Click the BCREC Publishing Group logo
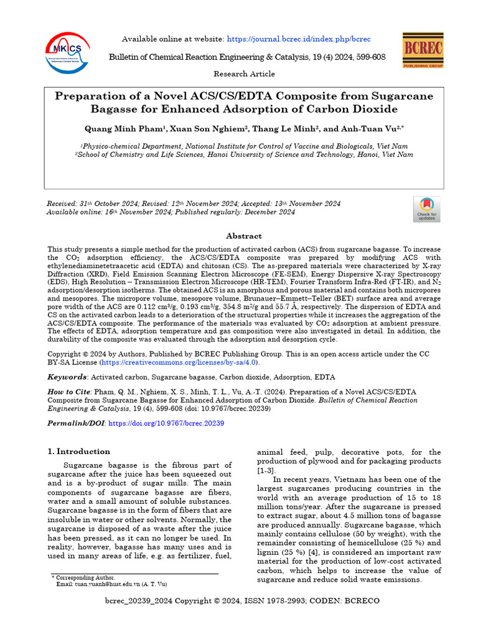point(423,49)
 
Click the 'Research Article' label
point(244,74)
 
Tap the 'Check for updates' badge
point(426,209)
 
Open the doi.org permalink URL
point(166,423)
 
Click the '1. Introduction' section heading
point(79,452)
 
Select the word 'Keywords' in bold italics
point(68,377)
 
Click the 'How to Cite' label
point(69,393)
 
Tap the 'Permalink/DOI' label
point(77,423)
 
